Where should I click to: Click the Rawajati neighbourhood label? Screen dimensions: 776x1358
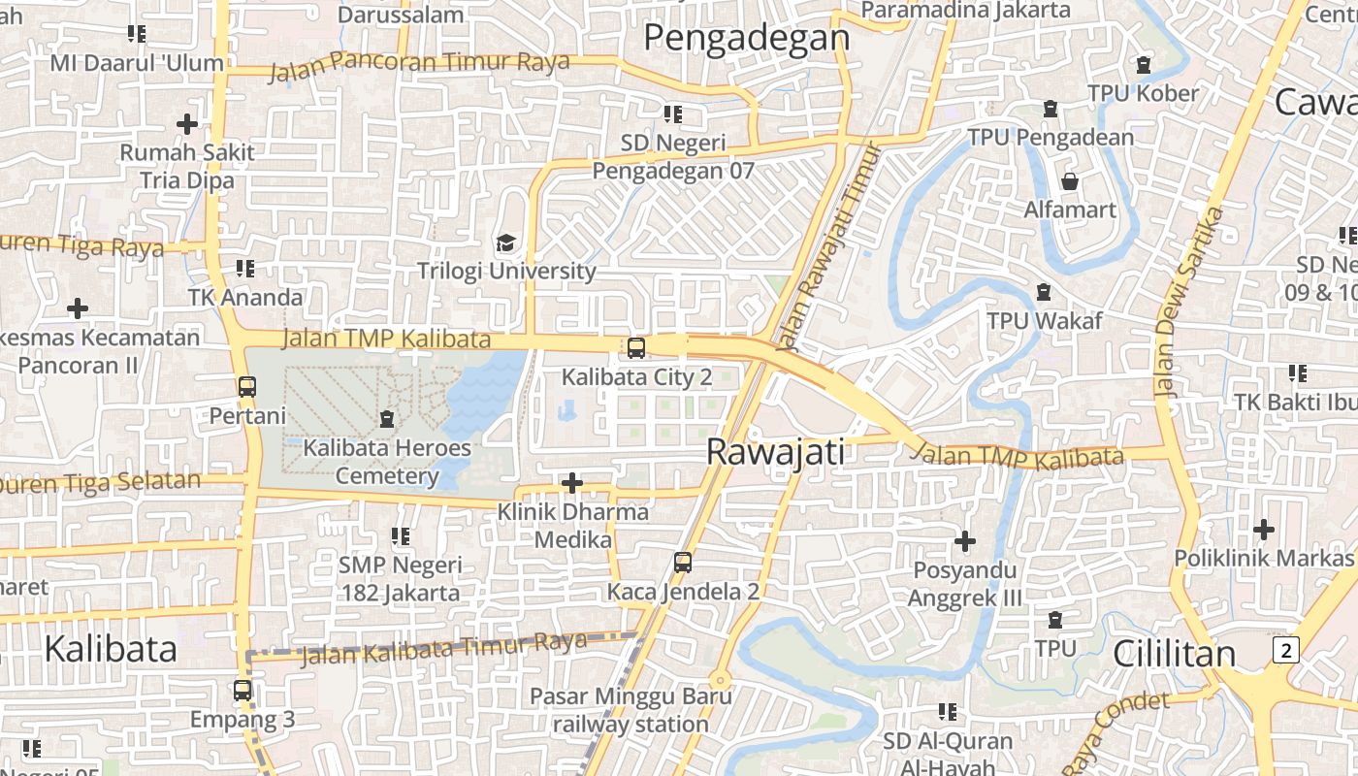click(775, 452)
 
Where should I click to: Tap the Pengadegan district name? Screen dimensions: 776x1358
click(746, 38)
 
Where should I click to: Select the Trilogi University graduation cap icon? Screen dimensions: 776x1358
click(505, 242)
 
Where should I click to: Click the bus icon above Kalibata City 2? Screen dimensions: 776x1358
click(636, 347)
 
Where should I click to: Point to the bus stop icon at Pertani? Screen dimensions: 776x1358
click(247, 386)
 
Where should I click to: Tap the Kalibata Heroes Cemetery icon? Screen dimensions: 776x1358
click(387, 419)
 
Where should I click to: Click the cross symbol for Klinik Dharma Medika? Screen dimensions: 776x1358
click(572, 482)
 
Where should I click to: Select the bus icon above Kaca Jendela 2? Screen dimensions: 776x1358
click(683, 562)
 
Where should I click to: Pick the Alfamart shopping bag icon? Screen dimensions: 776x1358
click(1070, 181)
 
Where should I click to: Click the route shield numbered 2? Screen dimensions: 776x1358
click(1286, 650)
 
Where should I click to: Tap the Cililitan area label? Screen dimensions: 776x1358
click(1174, 654)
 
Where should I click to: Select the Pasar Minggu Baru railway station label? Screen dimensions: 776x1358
click(631, 710)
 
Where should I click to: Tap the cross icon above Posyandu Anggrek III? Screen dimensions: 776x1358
click(964, 540)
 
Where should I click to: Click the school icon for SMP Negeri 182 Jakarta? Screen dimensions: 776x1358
click(400, 535)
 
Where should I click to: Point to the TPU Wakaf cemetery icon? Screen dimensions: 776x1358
click(1044, 291)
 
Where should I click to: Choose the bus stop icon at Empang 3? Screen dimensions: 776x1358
click(242, 691)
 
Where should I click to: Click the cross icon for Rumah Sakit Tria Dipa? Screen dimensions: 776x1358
click(187, 124)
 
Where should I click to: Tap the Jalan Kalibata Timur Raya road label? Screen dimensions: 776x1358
click(444, 648)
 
